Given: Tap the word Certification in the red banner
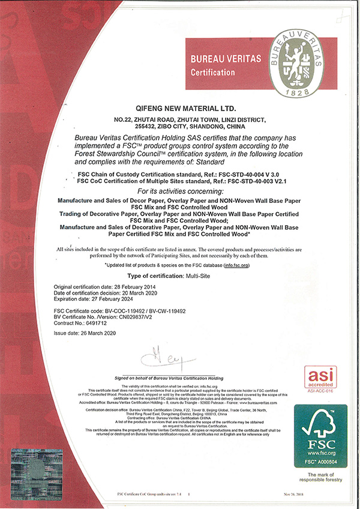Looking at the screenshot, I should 212,73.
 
